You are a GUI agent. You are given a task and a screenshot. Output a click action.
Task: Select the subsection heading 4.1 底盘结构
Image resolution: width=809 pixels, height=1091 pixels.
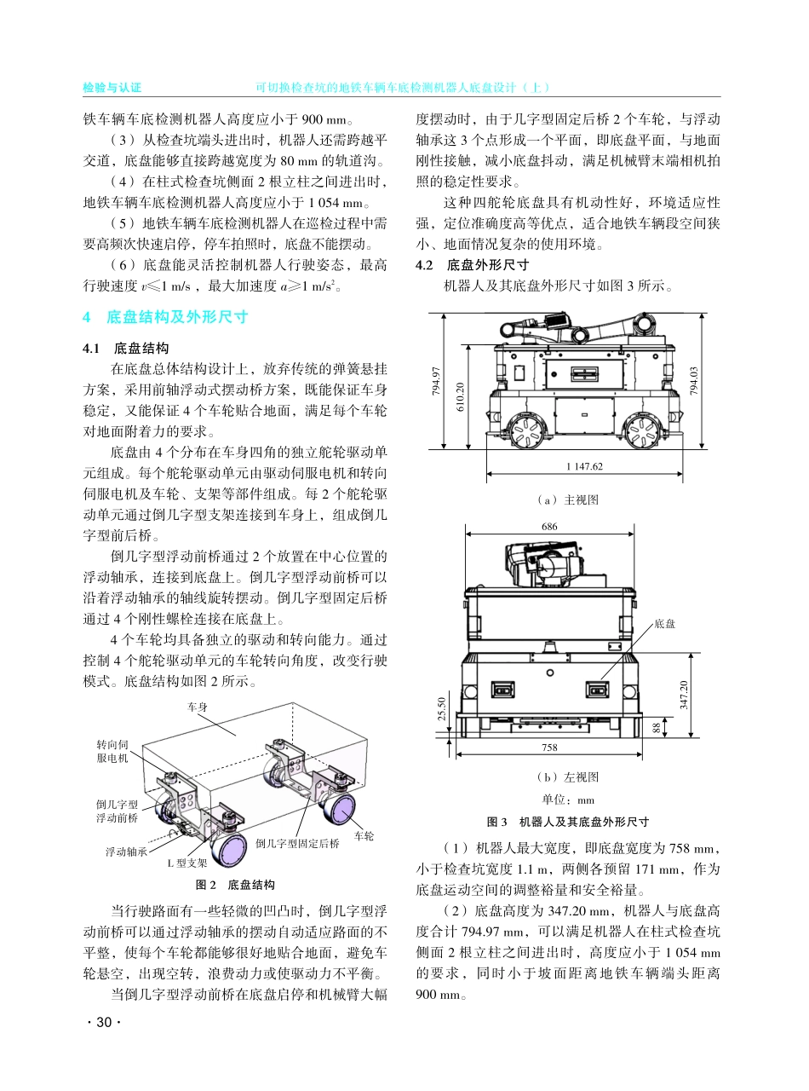click(126, 349)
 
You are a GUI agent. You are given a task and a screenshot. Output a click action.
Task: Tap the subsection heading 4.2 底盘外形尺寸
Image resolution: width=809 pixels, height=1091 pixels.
click(472, 264)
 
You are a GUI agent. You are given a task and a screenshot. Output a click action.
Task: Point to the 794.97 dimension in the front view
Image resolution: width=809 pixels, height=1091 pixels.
click(436, 381)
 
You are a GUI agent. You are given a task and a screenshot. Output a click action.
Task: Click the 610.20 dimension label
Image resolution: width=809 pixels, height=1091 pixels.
click(461, 395)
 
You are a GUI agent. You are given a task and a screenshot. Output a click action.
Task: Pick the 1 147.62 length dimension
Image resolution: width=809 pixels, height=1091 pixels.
click(583, 466)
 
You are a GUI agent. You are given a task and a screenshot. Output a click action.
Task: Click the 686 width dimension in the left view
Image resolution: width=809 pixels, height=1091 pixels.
click(549, 528)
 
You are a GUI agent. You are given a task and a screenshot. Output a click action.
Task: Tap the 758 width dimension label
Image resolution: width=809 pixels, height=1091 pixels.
click(549, 748)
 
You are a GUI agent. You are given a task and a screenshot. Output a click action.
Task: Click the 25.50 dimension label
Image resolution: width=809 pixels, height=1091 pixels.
click(441, 707)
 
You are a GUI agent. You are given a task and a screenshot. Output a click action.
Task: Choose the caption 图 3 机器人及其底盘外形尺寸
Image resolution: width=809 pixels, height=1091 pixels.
click(567, 822)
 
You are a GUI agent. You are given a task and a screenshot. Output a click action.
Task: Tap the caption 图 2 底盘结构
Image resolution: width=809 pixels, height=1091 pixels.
click(235, 884)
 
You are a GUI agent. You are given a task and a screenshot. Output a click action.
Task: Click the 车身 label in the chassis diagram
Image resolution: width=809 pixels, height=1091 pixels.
click(198, 707)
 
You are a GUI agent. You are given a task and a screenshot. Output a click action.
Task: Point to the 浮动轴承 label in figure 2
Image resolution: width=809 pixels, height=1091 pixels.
click(126, 851)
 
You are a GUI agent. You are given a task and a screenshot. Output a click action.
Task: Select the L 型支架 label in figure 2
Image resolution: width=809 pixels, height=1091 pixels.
click(186, 863)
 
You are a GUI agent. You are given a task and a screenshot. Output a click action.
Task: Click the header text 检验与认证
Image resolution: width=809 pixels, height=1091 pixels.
click(111, 88)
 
